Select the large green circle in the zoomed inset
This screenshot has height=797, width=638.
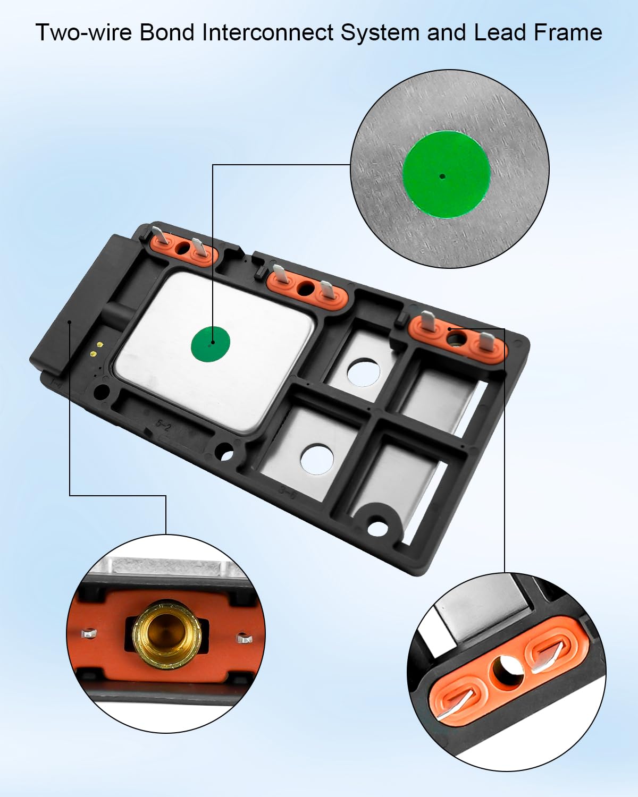point(446,174)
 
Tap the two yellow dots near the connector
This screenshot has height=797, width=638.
point(94,349)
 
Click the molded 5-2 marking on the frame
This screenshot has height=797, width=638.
point(164,425)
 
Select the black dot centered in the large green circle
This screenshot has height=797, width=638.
point(442,176)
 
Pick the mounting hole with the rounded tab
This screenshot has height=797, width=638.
point(377,528)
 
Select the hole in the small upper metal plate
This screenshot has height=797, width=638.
point(364,371)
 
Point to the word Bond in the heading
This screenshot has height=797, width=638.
point(167,33)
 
